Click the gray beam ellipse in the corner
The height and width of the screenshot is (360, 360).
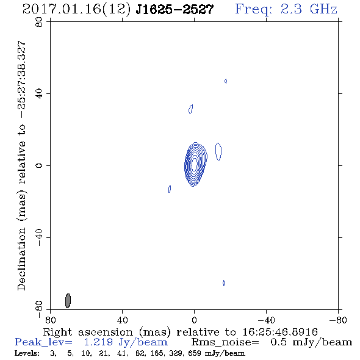[68, 301]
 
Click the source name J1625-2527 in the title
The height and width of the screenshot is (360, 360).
[175, 9]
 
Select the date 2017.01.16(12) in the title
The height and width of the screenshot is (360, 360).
[76, 9]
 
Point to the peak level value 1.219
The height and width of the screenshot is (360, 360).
[98, 342]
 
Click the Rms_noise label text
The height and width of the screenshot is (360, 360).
[225, 342]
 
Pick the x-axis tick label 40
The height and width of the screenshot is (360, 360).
[122, 320]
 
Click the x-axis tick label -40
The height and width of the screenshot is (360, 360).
[266, 320]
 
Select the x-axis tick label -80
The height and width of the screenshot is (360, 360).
[338, 320]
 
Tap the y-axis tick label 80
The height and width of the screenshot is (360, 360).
[39, 22]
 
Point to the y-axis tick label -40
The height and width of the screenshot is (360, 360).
[39, 237]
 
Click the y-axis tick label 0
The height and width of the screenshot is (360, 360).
[39, 165]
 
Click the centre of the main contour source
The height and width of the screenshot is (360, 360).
[195, 164]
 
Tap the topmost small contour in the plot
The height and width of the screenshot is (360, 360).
[226, 81]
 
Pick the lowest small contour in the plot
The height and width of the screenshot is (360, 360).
[223, 283]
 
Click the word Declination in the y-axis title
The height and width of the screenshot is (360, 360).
[21, 259]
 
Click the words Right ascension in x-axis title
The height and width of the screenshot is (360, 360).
[88, 332]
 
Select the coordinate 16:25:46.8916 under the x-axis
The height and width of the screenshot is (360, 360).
[280, 332]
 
